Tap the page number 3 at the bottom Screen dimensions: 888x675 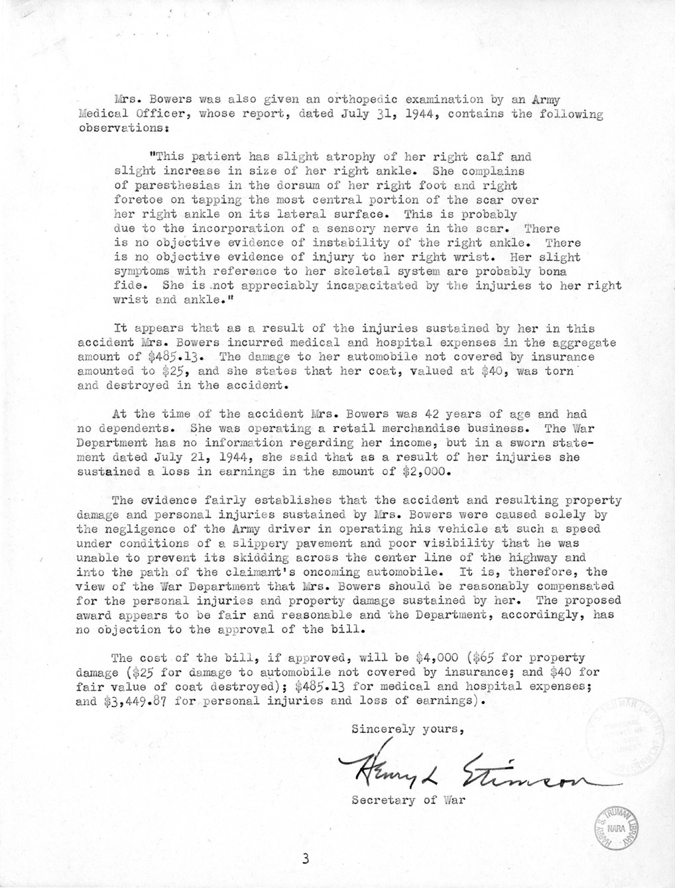pyautogui.click(x=305, y=860)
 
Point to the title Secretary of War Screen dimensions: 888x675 pyautogui.click(x=409, y=800)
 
